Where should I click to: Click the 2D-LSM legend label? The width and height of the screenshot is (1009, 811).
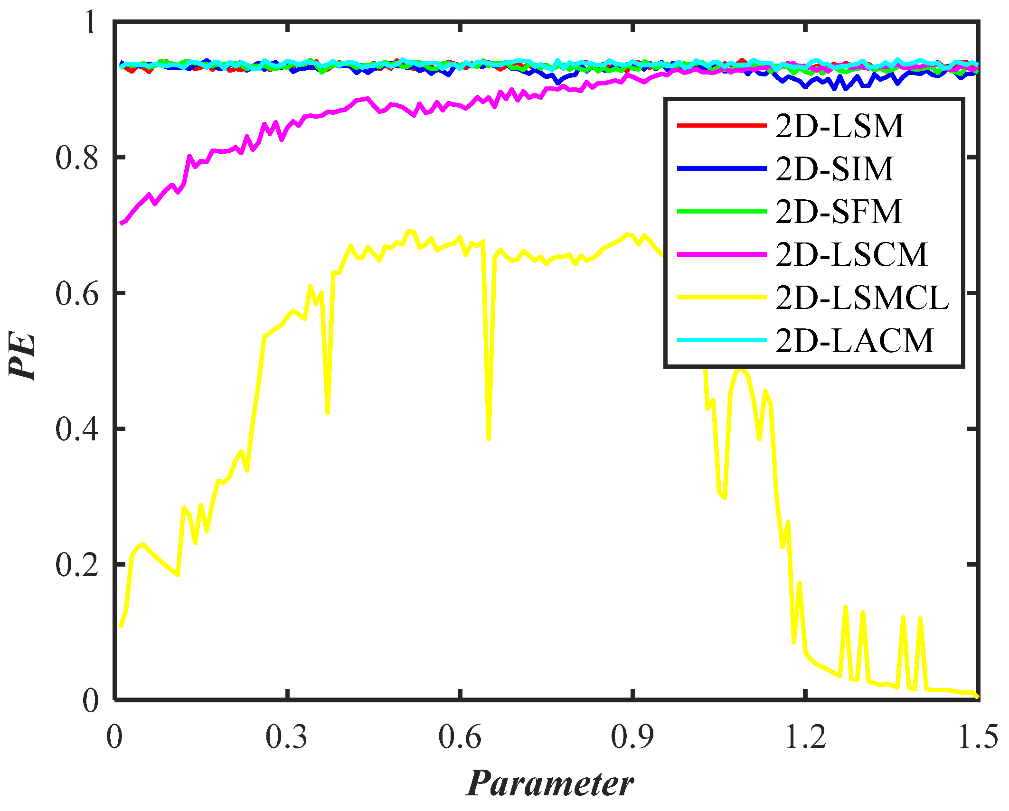click(x=839, y=127)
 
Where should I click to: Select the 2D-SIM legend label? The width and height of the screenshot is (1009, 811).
click(x=834, y=169)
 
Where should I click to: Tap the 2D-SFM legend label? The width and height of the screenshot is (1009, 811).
click(x=839, y=212)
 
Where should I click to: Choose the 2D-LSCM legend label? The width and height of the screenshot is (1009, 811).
click(x=851, y=255)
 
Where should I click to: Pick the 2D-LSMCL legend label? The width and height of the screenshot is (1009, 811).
click(x=862, y=298)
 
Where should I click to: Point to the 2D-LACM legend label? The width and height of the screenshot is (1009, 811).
click(x=854, y=341)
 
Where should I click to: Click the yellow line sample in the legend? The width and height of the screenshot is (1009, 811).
click(x=721, y=298)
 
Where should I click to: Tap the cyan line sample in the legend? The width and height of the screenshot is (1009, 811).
click(x=721, y=340)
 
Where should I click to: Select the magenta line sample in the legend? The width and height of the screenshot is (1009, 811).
click(x=721, y=255)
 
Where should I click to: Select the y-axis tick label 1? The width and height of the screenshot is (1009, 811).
click(x=90, y=22)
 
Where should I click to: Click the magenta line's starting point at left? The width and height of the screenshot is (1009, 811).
click(x=122, y=223)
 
